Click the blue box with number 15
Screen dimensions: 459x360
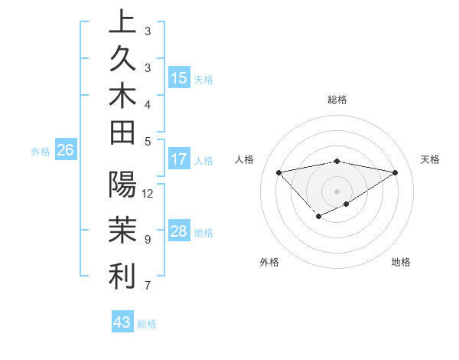point(179,78)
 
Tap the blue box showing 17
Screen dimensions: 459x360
point(179,160)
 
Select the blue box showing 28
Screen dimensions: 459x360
point(179,231)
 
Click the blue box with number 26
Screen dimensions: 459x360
point(66,151)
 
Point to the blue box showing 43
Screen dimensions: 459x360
point(122,322)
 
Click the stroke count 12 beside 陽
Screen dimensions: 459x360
point(148,193)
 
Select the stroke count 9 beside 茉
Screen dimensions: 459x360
point(148,240)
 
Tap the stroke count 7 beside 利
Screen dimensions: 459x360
point(148,286)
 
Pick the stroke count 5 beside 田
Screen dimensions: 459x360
point(148,141)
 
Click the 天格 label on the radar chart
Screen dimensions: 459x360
point(430,159)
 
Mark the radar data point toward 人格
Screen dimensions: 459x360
point(279,172)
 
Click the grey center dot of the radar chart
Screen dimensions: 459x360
point(337,191)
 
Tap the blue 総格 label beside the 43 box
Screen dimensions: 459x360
point(148,324)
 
